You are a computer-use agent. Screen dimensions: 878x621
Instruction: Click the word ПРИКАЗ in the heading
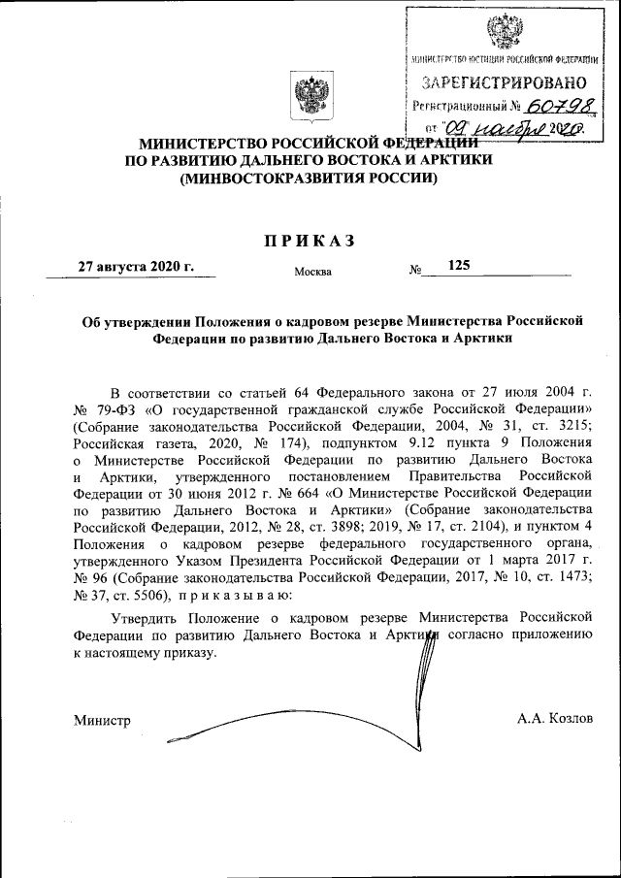(310, 240)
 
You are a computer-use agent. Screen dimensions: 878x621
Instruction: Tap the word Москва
(312, 272)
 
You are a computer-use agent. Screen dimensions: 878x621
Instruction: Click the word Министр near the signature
(102, 719)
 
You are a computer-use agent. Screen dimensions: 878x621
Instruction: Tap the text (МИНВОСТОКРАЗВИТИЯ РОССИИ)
(310, 179)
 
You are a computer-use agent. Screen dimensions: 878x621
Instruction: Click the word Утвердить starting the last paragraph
(147, 616)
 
